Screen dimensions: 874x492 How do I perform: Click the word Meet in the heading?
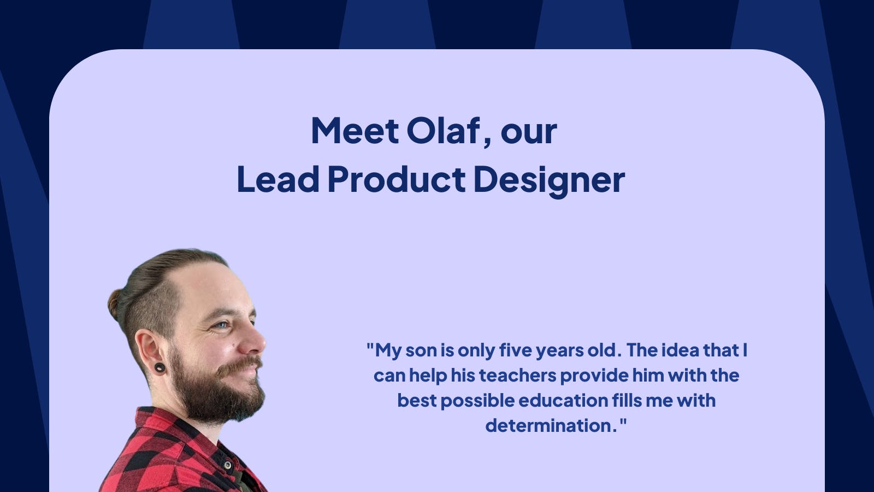(355, 131)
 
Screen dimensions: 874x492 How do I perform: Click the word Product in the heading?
(397, 180)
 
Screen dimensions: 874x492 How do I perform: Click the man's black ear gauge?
(160, 367)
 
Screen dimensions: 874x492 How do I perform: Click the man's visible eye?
(222, 325)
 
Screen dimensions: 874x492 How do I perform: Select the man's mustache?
(240, 365)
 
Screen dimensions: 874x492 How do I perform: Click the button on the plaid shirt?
(228, 465)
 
